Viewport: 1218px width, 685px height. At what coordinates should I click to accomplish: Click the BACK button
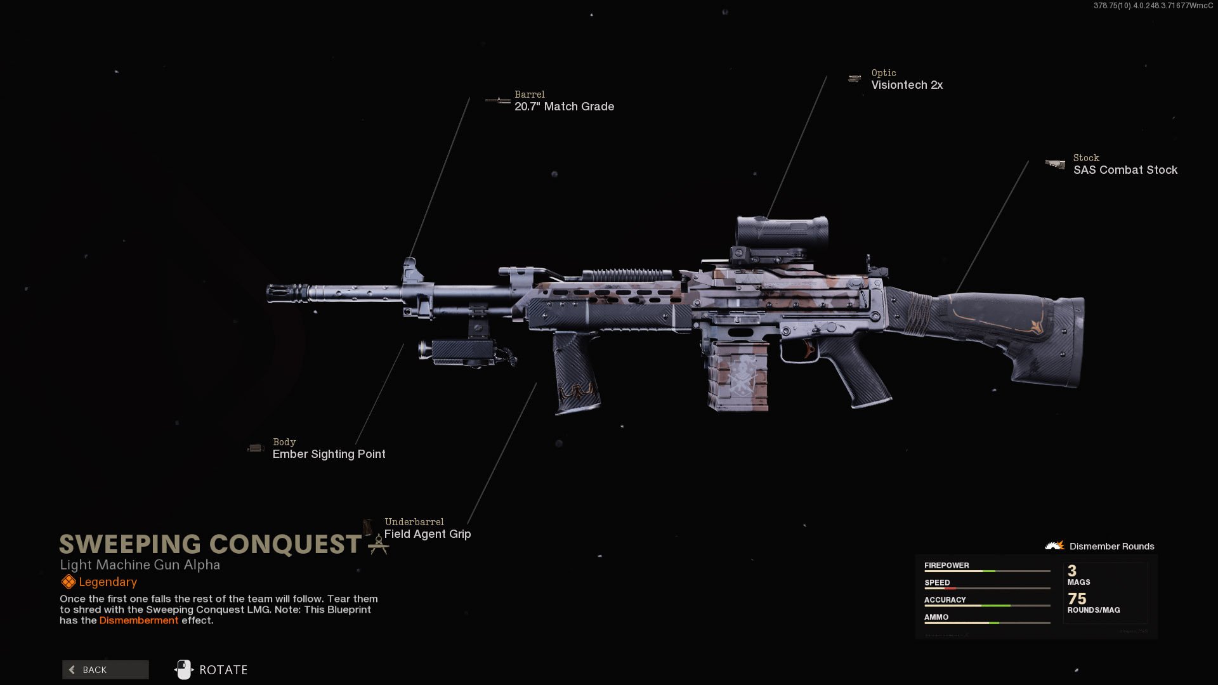coord(105,670)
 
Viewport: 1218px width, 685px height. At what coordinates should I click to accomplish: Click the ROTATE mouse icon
coord(184,670)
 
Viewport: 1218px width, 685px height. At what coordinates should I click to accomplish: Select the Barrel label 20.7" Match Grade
coord(564,107)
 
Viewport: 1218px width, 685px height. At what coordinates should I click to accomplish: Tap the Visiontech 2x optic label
coord(907,85)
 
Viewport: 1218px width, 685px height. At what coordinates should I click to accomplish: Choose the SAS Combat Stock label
coord(1125,170)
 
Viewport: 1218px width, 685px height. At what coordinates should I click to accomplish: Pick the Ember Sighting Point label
coord(329,454)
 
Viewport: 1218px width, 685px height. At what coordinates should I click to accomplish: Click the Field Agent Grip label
coord(427,534)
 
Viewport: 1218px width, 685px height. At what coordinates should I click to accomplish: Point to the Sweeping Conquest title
coord(211,544)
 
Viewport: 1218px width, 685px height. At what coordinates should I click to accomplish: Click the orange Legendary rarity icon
coord(69,582)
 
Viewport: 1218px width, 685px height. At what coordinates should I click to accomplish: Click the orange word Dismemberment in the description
coord(139,620)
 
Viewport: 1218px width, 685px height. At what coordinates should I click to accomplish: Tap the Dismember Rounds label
coord(1111,546)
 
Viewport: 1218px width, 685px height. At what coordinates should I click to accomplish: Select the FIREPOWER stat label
coord(946,565)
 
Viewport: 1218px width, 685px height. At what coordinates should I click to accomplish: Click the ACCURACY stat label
coord(945,599)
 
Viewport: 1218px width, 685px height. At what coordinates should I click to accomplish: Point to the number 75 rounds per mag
coord(1077,599)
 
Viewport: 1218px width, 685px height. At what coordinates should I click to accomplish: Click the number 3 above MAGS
coord(1072,571)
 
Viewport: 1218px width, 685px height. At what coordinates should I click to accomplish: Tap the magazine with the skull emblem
coord(738,376)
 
